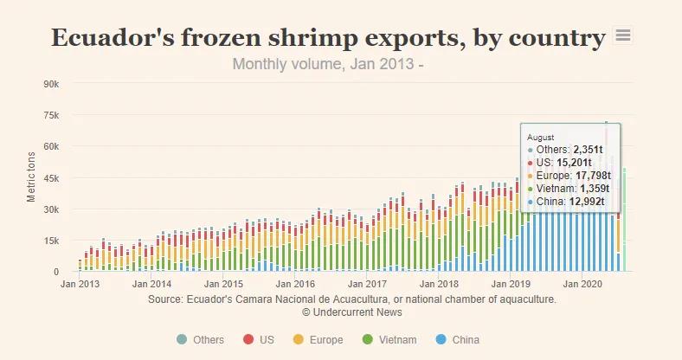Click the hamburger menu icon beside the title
pyautogui.click(x=622, y=35)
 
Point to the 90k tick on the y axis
pyautogui.click(x=51, y=84)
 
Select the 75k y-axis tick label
pyautogui.click(x=51, y=115)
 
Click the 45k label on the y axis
pyautogui.click(x=51, y=178)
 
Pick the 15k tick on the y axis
pyautogui.click(x=51, y=241)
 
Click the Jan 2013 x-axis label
pyautogui.click(x=79, y=284)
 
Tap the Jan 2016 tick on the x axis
pyautogui.click(x=297, y=284)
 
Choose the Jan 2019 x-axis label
pyautogui.click(x=511, y=284)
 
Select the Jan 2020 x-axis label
pyautogui.click(x=582, y=284)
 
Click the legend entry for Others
pyautogui.click(x=201, y=340)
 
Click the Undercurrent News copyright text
pyautogui.click(x=351, y=312)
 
